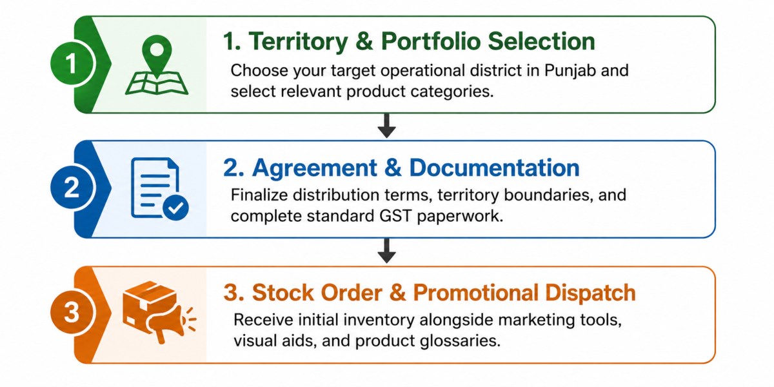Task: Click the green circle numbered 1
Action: click(x=72, y=64)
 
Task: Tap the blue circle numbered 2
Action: click(x=72, y=188)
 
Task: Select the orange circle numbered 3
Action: click(x=72, y=312)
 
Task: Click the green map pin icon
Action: click(x=157, y=56)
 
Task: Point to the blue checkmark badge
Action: click(x=175, y=208)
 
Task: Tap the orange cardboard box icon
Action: click(x=148, y=304)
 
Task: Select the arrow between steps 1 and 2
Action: click(x=386, y=126)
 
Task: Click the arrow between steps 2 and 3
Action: click(x=386, y=250)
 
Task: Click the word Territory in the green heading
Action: click(x=298, y=41)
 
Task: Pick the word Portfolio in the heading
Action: click(x=431, y=41)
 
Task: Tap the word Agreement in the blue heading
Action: click(x=315, y=168)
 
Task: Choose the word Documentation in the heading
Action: click(x=494, y=168)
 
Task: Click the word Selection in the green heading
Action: click(x=541, y=41)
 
